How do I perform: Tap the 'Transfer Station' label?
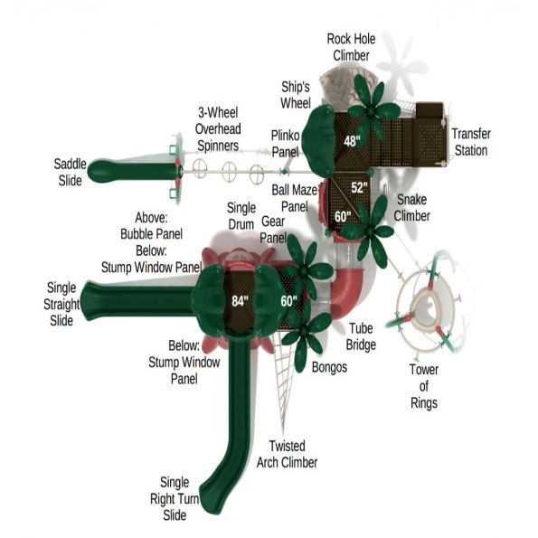(x=471, y=142)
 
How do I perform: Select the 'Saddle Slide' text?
(x=68, y=172)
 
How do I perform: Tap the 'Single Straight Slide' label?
(x=61, y=302)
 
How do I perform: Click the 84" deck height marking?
(x=240, y=301)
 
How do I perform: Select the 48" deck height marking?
(x=352, y=141)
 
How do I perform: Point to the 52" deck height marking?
(x=360, y=188)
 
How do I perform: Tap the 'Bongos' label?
(x=329, y=368)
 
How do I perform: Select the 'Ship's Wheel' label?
(x=296, y=92)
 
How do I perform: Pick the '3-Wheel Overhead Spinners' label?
(x=218, y=128)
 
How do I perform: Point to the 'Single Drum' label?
(x=241, y=216)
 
